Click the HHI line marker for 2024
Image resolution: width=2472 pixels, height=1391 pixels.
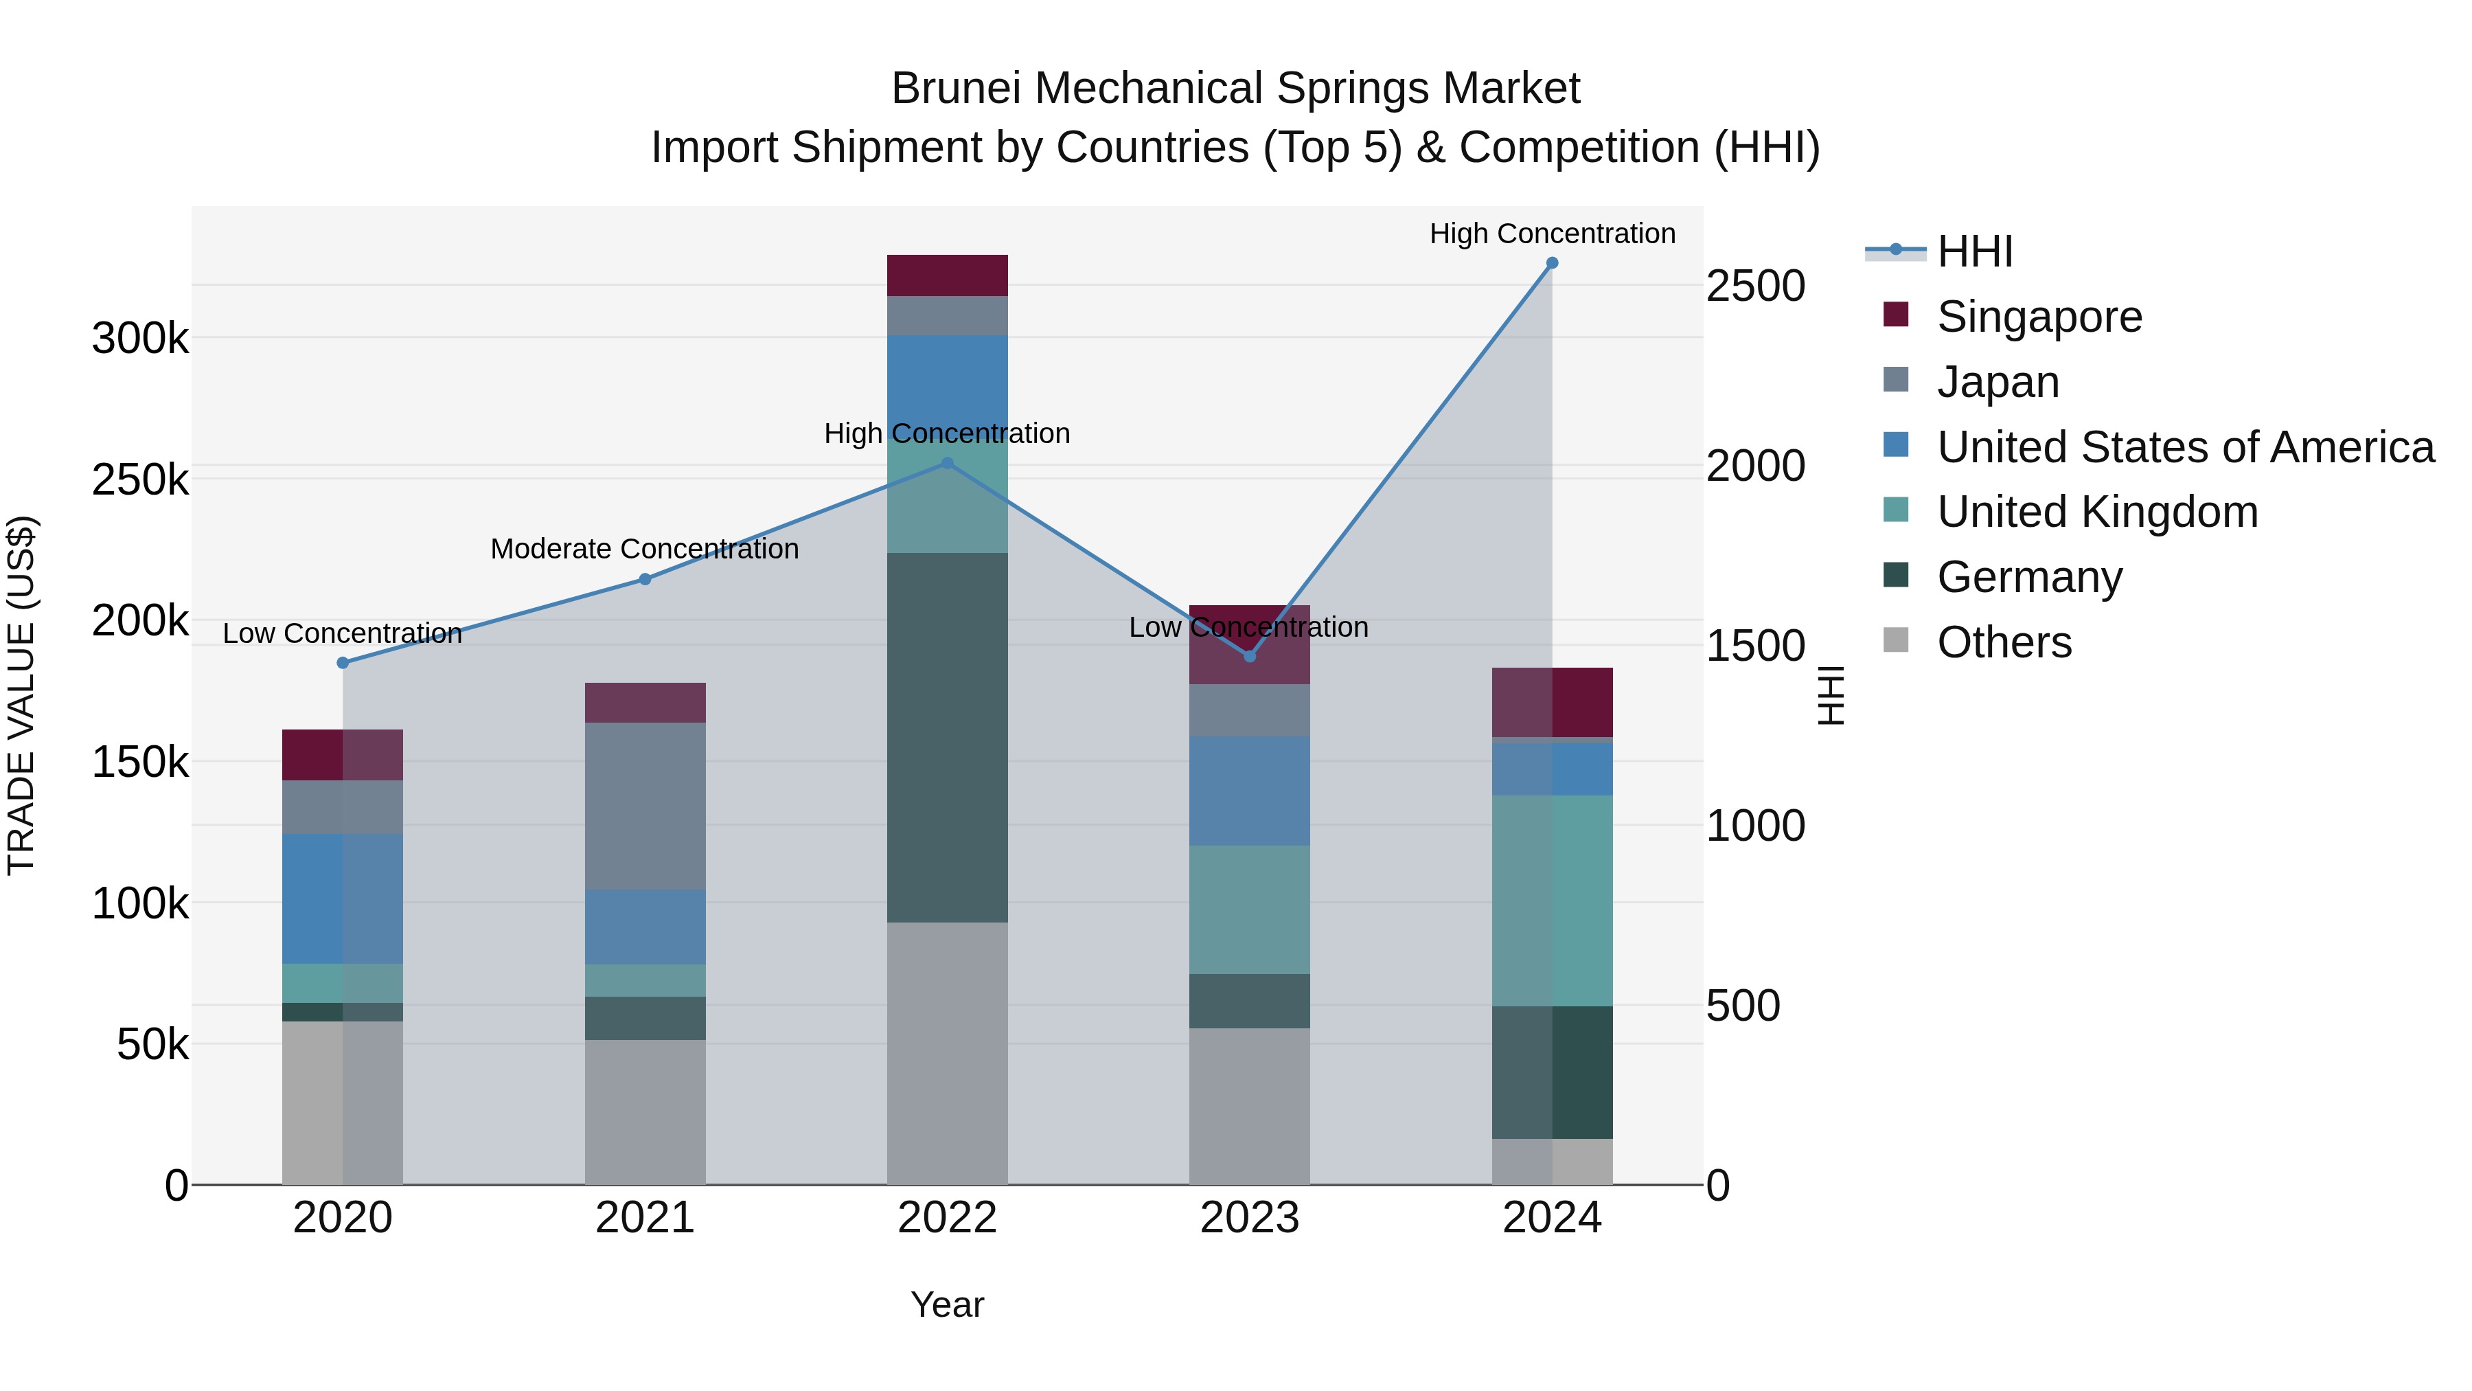pyautogui.click(x=1552, y=263)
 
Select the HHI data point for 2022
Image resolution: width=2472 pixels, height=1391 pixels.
pyautogui.click(x=947, y=463)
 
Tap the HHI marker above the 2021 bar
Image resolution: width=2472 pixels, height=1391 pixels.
pyautogui.click(x=645, y=579)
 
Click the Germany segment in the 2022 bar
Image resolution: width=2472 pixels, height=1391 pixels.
pyautogui.click(x=947, y=737)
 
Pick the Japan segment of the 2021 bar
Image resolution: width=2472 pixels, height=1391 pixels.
pyautogui.click(x=645, y=806)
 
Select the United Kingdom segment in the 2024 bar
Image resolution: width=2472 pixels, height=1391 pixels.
pyautogui.click(x=1552, y=901)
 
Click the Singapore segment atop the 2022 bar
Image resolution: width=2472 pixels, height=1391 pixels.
pyautogui.click(x=947, y=275)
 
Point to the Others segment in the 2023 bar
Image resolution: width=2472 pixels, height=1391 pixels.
pyautogui.click(x=1250, y=1106)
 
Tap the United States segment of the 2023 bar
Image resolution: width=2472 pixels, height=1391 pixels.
pyautogui.click(x=1250, y=791)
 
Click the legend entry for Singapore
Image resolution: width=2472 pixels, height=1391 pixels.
pyautogui.click(x=2039, y=317)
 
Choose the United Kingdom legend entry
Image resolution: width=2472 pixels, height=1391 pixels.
pyautogui.click(x=2097, y=512)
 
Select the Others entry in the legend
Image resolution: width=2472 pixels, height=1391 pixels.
pyautogui.click(x=2004, y=642)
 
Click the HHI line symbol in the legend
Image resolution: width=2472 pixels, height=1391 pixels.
pyautogui.click(x=1895, y=251)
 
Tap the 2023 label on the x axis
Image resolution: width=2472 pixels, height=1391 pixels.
pyautogui.click(x=1250, y=1218)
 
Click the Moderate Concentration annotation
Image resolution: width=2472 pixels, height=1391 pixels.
pyautogui.click(x=645, y=549)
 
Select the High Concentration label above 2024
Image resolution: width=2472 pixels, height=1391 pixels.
pyautogui.click(x=1552, y=234)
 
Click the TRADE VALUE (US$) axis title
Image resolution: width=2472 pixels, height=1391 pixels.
pyautogui.click(x=21, y=695)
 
